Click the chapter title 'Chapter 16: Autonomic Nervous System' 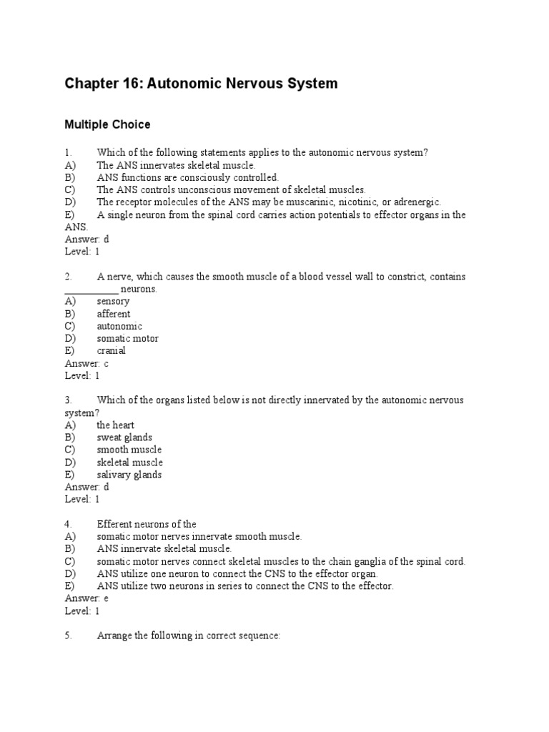click(x=201, y=84)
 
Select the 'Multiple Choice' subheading click(x=107, y=124)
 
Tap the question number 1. click(x=68, y=152)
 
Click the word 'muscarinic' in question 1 click(x=317, y=202)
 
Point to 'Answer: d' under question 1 click(x=86, y=239)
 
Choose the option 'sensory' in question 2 click(x=113, y=301)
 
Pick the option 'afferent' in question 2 click(x=114, y=314)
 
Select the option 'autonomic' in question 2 click(x=119, y=326)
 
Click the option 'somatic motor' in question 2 click(x=128, y=338)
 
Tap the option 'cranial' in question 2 click(x=112, y=351)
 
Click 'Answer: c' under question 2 click(x=86, y=363)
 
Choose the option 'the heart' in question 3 click(x=116, y=425)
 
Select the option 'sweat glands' click(x=124, y=437)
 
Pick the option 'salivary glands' click(x=129, y=475)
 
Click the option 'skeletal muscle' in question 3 click(x=130, y=463)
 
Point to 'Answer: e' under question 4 click(x=86, y=598)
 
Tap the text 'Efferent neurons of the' click(x=147, y=524)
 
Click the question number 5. click(x=68, y=635)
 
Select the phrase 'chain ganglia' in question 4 click(x=365, y=561)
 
